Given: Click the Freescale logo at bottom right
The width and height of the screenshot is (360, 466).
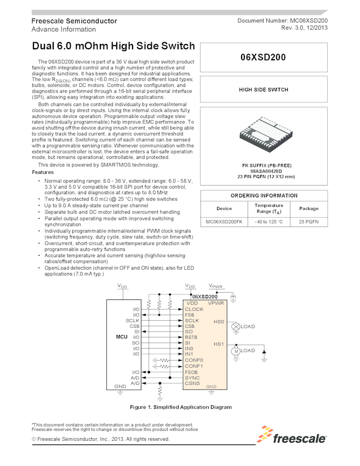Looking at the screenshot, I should (x=293, y=437).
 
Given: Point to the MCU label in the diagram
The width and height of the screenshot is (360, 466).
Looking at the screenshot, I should (x=122, y=337).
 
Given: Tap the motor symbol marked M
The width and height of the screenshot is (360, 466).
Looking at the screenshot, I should (x=236, y=350).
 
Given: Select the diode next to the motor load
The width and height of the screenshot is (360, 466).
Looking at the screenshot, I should (x=264, y=350).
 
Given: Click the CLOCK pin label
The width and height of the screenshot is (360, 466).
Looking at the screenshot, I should (x=194, y=309).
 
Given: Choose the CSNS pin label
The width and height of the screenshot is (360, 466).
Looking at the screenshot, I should (x=192, y=383).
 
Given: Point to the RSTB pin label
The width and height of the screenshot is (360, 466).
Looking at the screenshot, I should (x=191, y=337).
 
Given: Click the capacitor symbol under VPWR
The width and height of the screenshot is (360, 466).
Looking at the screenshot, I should (x=234, y=297).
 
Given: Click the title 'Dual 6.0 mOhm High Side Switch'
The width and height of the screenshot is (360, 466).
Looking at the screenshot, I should (x=113, y=46).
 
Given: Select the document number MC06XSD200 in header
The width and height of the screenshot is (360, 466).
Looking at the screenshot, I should (x=307, y=20).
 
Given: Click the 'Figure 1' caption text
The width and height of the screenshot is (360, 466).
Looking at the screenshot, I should (x=180, y=407).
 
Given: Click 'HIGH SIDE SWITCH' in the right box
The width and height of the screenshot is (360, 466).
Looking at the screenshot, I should (x=264, y=89).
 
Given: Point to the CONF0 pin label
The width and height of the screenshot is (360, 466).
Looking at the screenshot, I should (x=194, y=360).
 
